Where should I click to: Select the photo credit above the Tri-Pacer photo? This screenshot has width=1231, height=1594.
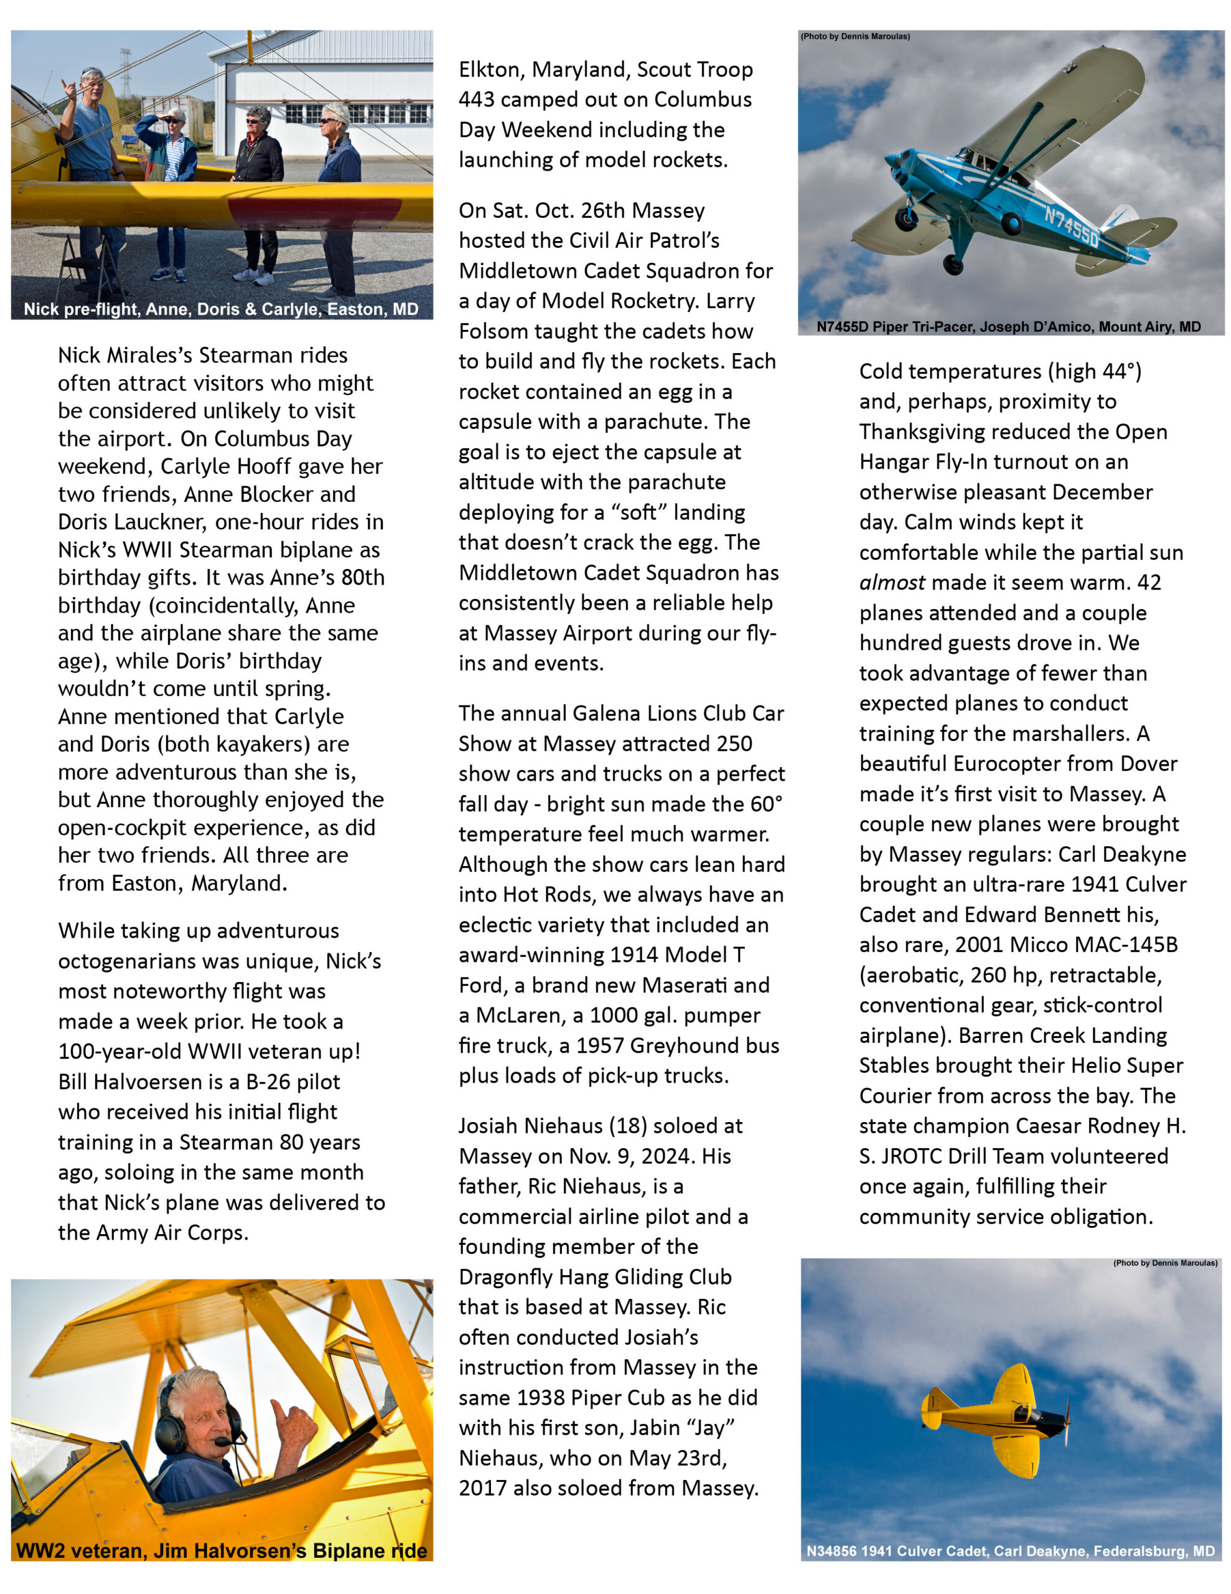coord(854,37)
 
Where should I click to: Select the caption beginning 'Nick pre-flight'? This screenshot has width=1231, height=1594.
coord(221,309)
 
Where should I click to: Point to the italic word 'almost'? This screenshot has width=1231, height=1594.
coord(892,582)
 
